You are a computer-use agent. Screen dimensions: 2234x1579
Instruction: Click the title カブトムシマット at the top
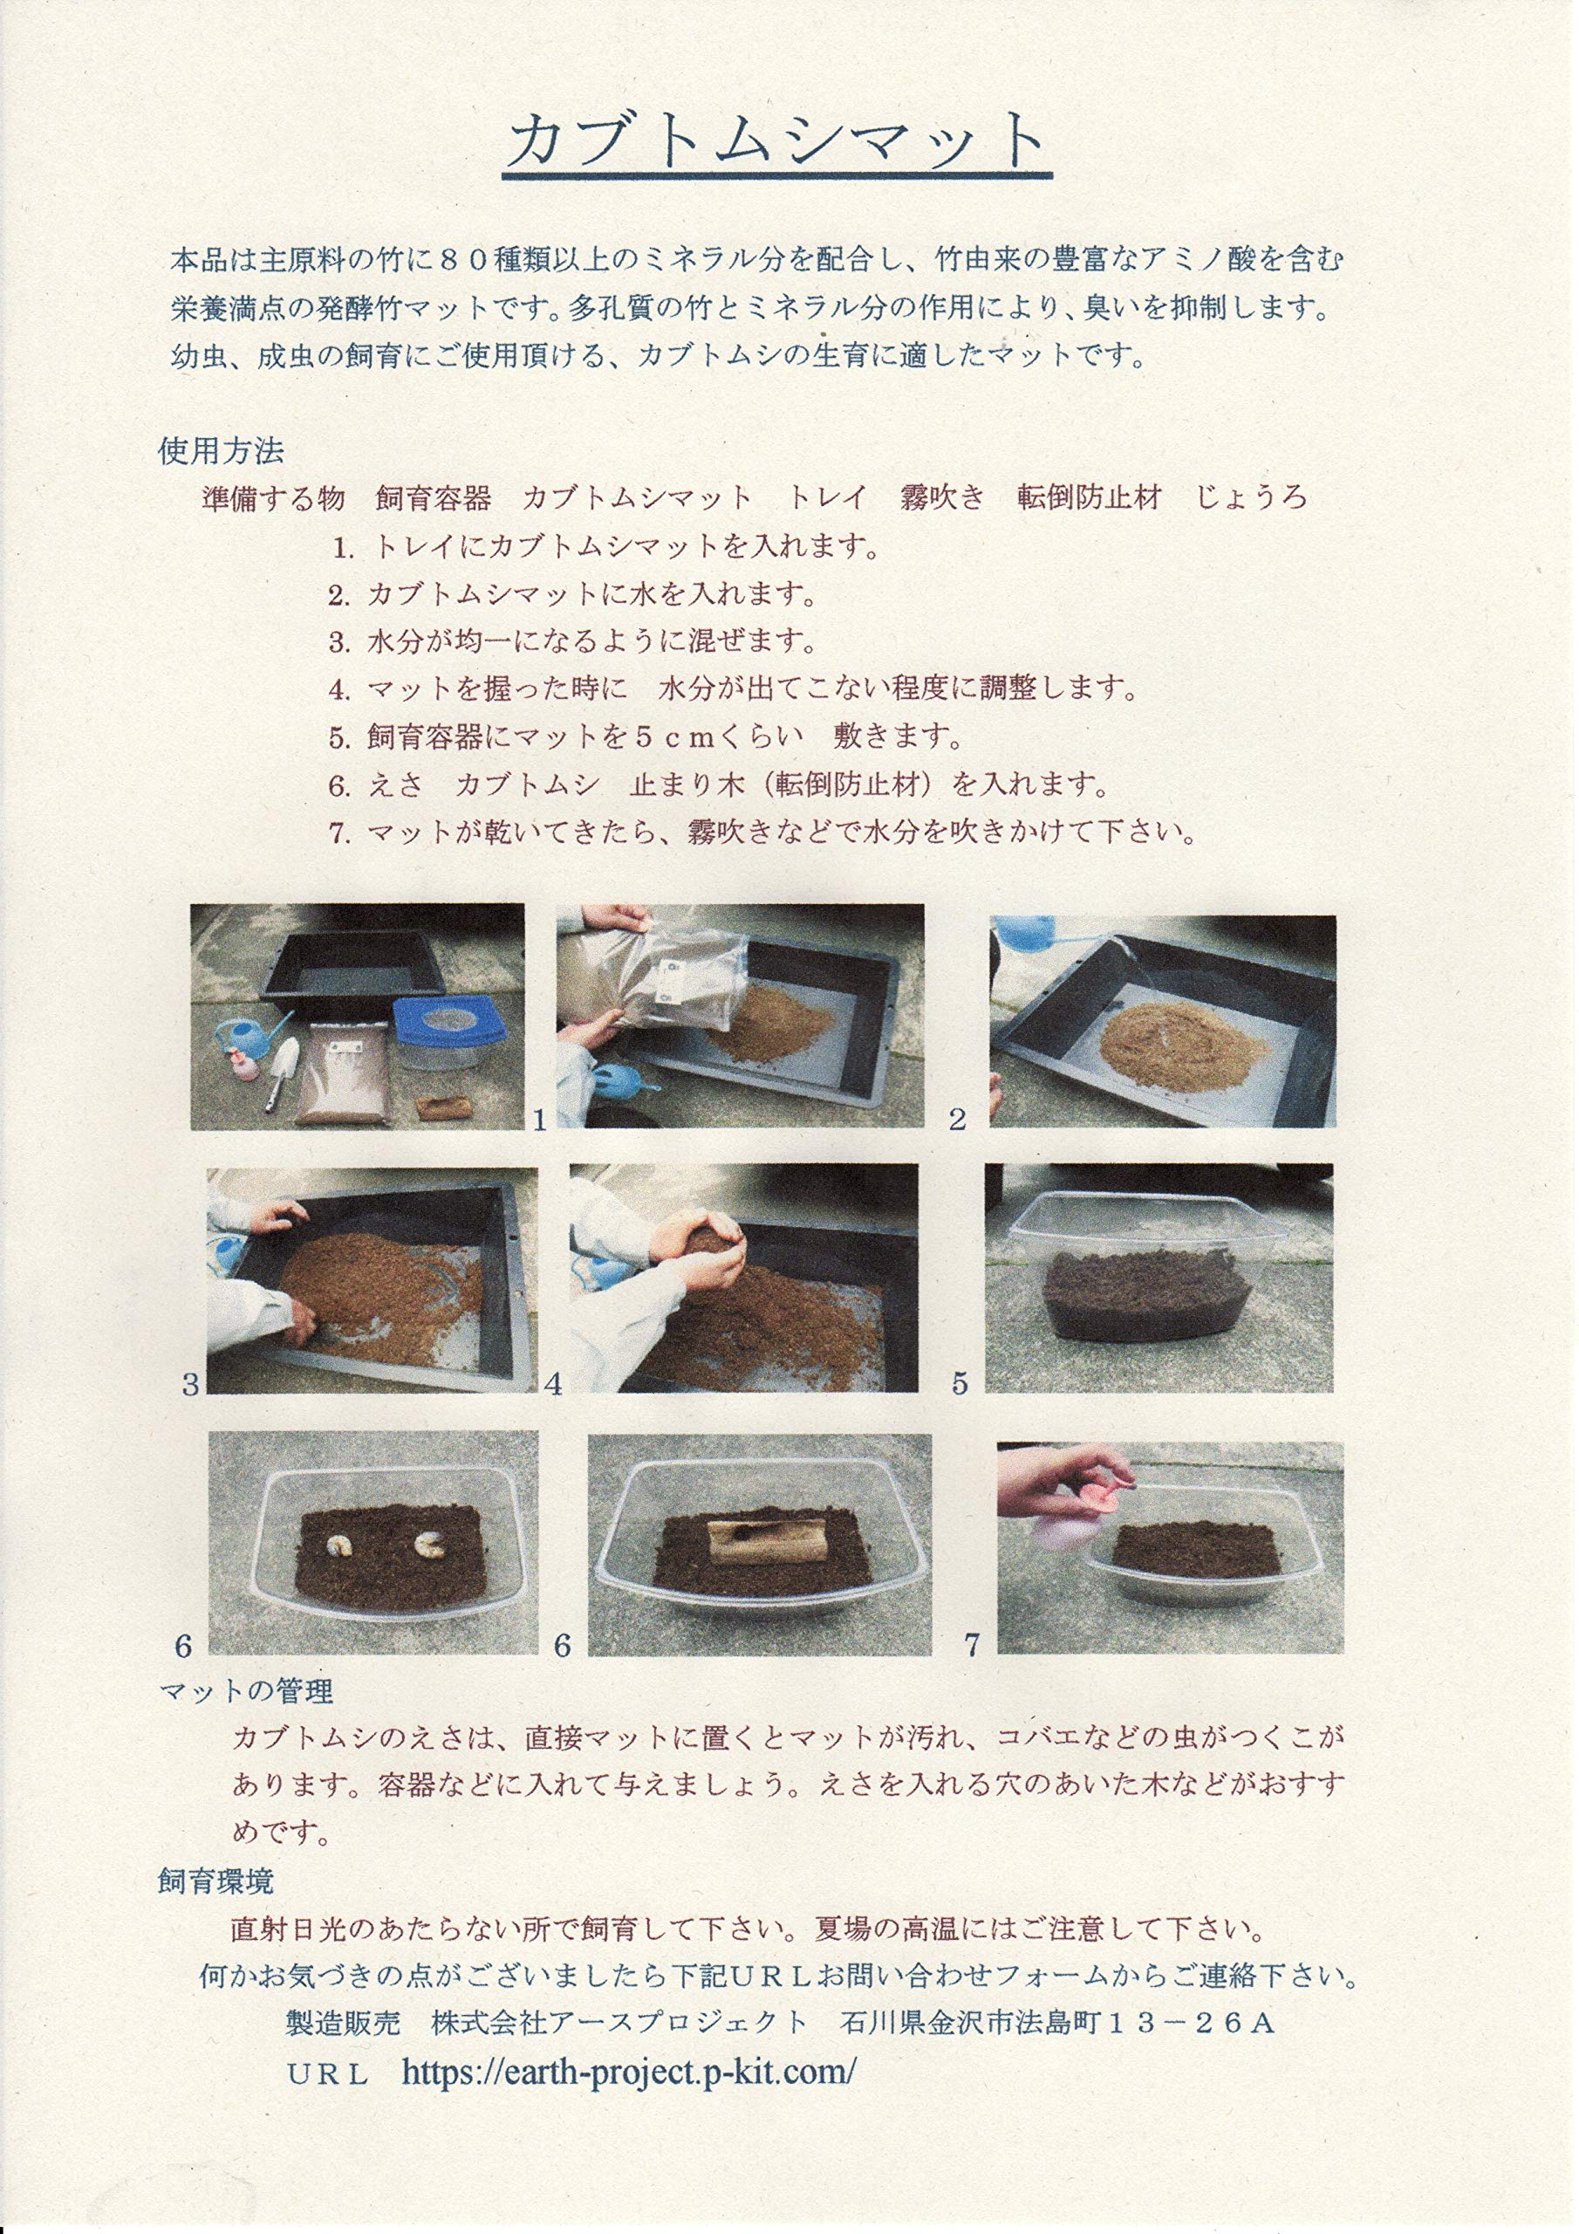[x=776, y=142]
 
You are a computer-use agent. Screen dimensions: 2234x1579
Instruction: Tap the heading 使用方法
[x=221, y=450]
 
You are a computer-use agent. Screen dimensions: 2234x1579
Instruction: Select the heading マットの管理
[x=246, y=1691]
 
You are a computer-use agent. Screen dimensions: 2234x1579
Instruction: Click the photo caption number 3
[x=191, y=1385]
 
